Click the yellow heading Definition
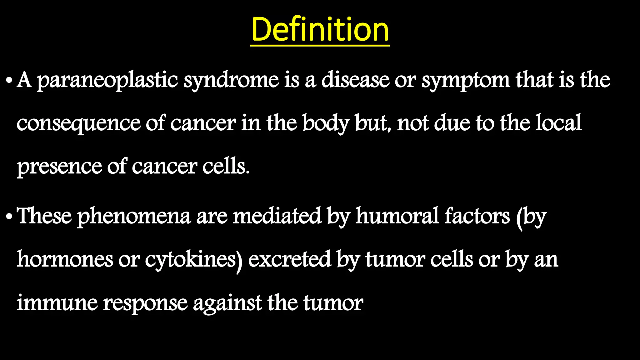(x=320, y=29)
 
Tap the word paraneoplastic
(x=107, y=80)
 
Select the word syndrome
(x=231, y=80)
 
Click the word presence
(x=59, y=167)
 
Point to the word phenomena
(x=134, y=216)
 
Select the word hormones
(x=65, y=259)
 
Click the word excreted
(x=289, y=259)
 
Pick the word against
(x=227, y=303)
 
